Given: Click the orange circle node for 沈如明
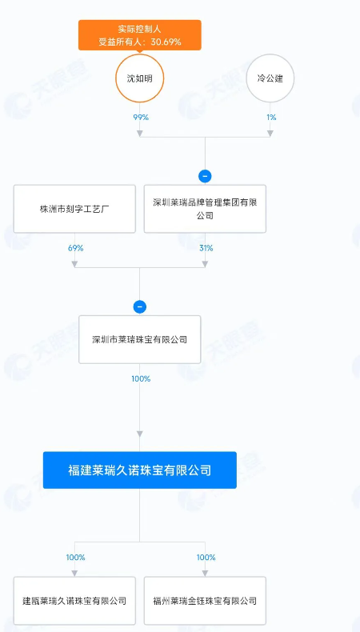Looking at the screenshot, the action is (x=139, y=78).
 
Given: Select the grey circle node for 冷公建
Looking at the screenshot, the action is (x=270, y=78).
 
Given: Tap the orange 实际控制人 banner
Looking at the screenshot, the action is (x=139, y=35).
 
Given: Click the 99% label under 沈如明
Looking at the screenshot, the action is (x=141, y=118).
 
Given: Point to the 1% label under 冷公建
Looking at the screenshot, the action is (x=271, y=118).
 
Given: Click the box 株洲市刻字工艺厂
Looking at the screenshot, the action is (x=74, y=209).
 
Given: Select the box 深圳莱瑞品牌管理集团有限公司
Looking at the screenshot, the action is (x=205, y=209).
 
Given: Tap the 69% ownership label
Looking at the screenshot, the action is (x=76, y=248).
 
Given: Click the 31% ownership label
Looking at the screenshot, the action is (x=206, y=248).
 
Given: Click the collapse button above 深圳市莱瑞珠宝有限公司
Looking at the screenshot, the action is (x=139, y=306).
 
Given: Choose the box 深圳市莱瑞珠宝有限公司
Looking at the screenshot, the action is (x=139, y=339).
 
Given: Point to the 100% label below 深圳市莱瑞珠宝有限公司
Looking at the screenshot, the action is (x=141, y=379).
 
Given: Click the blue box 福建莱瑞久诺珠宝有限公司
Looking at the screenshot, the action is (x=139, y=470).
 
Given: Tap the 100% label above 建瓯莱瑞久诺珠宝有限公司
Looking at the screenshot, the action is (x=76, y=558).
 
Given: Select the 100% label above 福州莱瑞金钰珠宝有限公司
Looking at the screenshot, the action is (x=206, y=558).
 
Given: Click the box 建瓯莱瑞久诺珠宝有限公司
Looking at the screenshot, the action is (x=74, y=601).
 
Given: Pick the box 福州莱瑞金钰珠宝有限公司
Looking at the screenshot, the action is (x=205, y=601).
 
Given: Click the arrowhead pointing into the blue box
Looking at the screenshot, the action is (x=139, y=434).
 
